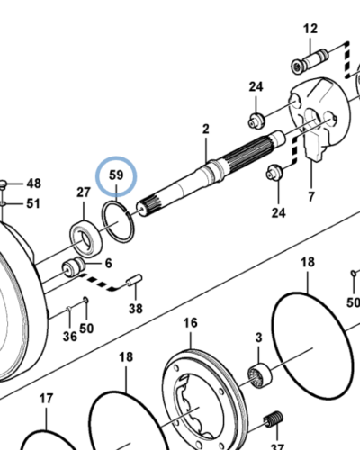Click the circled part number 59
[x=116, y=175]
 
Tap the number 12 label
[x=310, y=30]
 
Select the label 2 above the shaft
[x=205, y=130]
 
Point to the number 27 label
[x=83, y=192]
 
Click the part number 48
[x=33, y=184]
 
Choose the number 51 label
[x=33, y=203]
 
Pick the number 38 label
[x=135, y=308]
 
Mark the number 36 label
[x=69, y=337]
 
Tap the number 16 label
[x=190, y=323]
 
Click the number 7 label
[x=311, y=196]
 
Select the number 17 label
[x=45, y=398]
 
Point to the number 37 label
[x=276, y=445]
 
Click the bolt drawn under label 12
[x=307, y=64]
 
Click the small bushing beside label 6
[x=72, y=266]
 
